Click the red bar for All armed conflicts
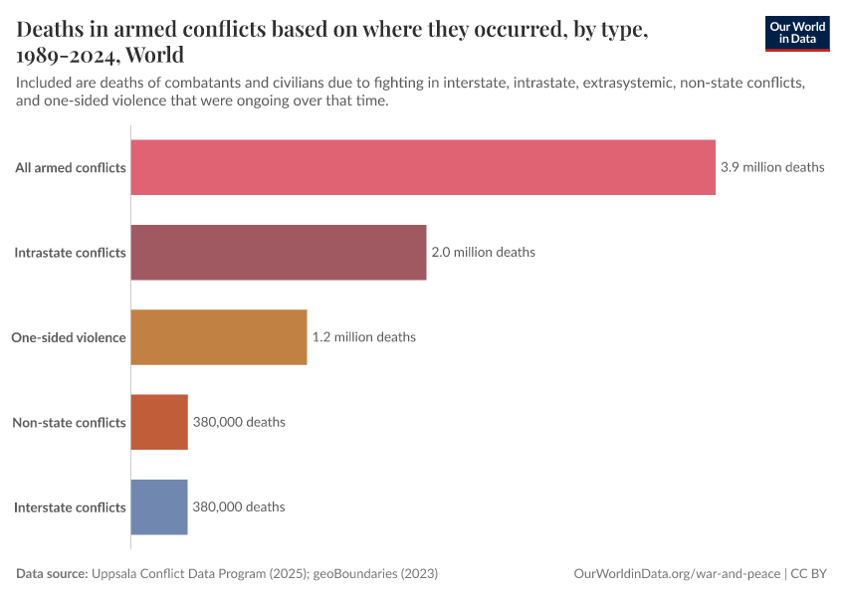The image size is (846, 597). [423, 167]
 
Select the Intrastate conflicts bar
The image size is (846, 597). [279, 252]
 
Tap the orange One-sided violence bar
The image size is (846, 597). [219, 337]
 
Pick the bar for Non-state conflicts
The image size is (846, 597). [159, 422]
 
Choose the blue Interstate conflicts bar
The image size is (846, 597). [159, 506]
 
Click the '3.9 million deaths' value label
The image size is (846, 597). [772, 167]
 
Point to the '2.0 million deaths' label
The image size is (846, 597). [483, 252]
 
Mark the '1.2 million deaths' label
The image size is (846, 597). [364, 337]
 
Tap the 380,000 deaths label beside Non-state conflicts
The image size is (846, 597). [239, 422]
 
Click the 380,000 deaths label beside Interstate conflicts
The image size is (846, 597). [239, 506]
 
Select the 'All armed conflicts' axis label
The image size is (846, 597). [71, 168]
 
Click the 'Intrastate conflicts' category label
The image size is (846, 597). [71, 253]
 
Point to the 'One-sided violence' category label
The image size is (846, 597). [69, 337]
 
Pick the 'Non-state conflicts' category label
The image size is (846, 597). [69, 423]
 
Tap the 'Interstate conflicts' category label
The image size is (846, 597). [71, 507]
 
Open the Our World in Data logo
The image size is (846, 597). [796, 32]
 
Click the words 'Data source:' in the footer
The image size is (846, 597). [52, 574]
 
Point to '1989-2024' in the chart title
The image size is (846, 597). [66, 54]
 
